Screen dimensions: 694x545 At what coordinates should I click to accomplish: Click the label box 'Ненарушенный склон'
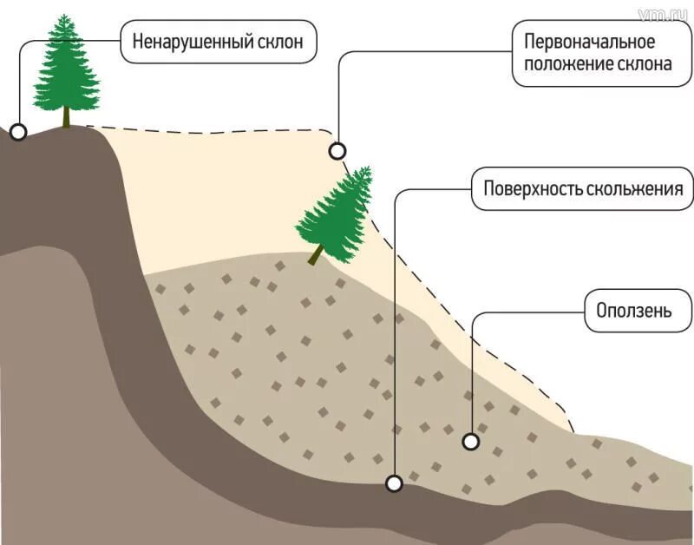point(218,42)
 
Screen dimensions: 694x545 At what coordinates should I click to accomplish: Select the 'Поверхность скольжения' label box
point(582,189)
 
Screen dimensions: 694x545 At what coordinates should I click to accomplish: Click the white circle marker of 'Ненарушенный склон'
point(18,132)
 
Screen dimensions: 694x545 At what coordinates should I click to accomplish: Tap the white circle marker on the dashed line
point(337,151)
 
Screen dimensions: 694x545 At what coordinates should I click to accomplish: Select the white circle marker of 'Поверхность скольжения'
point(395,483)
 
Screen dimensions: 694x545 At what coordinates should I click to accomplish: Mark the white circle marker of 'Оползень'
point(471,442)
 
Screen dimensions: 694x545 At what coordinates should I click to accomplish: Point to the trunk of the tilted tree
point(316,253)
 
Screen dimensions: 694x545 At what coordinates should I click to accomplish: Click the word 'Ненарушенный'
point(180,42)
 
